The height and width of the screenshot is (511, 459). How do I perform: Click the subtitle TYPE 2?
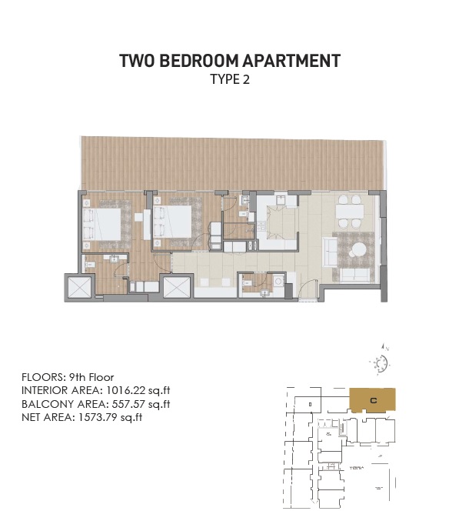pyautogui.click(x=230, y=79)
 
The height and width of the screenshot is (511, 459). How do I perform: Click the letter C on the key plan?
pyautogui.click(x=372, y=400)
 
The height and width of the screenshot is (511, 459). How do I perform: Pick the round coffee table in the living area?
pyautogui.click(x=359, y=250)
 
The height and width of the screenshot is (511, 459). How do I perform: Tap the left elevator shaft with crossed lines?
pyautogui.click(x=80, y=288)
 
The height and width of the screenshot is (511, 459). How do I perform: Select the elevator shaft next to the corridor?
pyautogui.click(x=176, y=288)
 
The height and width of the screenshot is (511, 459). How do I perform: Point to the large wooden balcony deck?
pyautogui.click(x=231, y=163)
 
